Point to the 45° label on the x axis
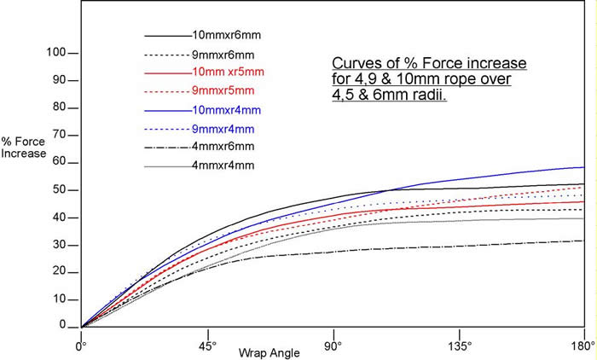(x=206, y=347)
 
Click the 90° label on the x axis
(x=333, y=347)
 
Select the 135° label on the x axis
(x=459, y=347)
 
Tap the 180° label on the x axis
(x=583, y=347)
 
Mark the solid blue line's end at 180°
(x=583, y=167)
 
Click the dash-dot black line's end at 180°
(x=583, y=241)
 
